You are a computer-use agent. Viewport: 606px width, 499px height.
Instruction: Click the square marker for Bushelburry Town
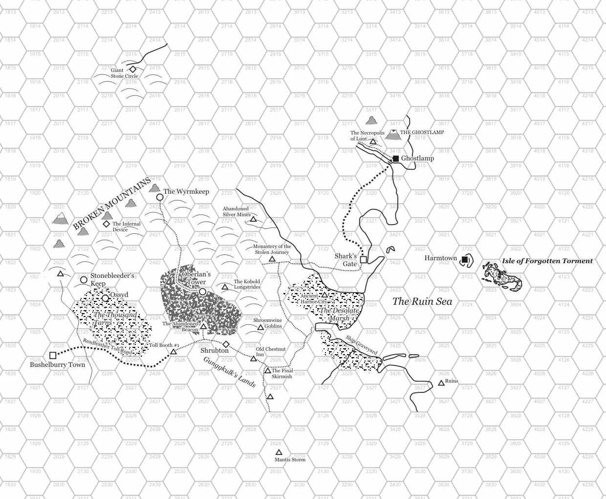53,356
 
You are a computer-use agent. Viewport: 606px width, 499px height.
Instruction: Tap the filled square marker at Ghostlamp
396,159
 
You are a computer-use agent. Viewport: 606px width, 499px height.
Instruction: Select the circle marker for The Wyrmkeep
159,197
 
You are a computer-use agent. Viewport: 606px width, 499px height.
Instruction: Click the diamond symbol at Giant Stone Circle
132,69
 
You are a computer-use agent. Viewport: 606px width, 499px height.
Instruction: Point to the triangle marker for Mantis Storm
279,453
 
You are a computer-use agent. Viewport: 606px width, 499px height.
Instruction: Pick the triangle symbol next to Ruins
441,383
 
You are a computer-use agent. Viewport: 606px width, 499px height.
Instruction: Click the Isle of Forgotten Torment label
547,261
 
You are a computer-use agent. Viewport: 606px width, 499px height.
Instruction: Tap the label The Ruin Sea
422,301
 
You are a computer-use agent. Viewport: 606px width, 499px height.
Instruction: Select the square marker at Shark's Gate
364,260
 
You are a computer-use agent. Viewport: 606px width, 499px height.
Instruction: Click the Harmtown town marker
465,260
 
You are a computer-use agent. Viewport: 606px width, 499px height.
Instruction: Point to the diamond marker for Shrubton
226,344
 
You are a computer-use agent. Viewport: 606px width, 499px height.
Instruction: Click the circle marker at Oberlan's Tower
202,292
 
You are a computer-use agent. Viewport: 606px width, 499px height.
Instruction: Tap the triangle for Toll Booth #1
173,352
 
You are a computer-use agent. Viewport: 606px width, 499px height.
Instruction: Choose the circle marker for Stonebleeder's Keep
84,280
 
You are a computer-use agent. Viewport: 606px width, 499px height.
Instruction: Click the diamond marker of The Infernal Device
106,224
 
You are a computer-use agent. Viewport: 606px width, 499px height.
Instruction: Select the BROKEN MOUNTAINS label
112,204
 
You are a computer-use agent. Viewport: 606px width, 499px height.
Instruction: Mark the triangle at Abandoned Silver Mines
253,219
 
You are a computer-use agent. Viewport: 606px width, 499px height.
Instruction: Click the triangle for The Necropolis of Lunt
373,142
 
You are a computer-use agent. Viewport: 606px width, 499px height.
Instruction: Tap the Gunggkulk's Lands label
230,372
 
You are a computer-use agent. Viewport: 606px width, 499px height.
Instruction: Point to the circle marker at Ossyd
105,298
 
